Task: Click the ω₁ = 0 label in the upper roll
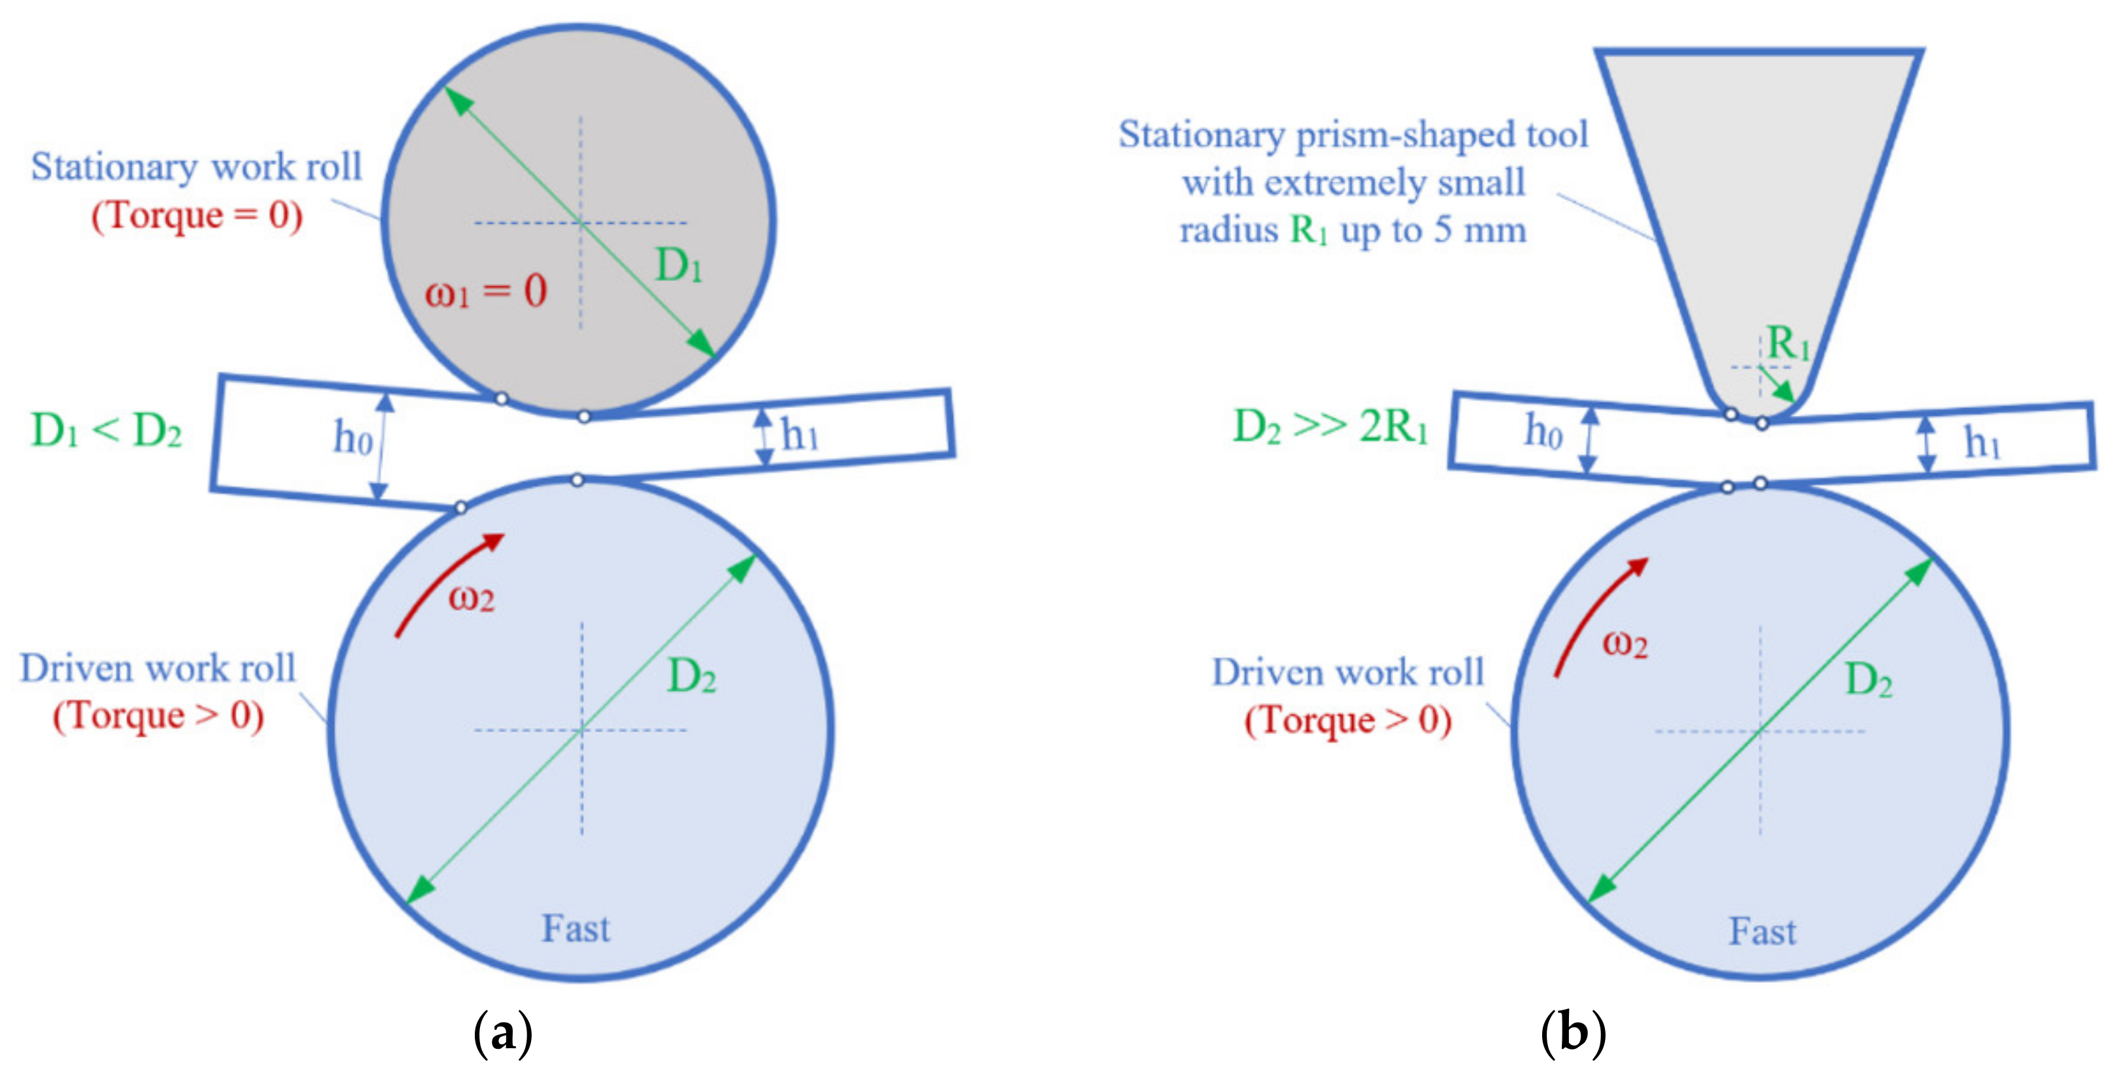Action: coord(485,291)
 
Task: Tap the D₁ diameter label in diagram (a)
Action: coord(679,265)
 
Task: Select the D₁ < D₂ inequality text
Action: coord(106,430)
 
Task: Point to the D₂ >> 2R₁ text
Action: coord(1330,426)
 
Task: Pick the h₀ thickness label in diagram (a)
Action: coord(352,437)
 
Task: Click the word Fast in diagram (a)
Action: coord(576,929)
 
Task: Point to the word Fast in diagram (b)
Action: coord(1762,932)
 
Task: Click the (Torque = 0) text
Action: coord(197,216)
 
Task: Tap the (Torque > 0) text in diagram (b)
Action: coord(1347,721)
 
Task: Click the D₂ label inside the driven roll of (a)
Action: coord(691,677)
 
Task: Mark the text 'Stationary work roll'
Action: coord(197,167)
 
